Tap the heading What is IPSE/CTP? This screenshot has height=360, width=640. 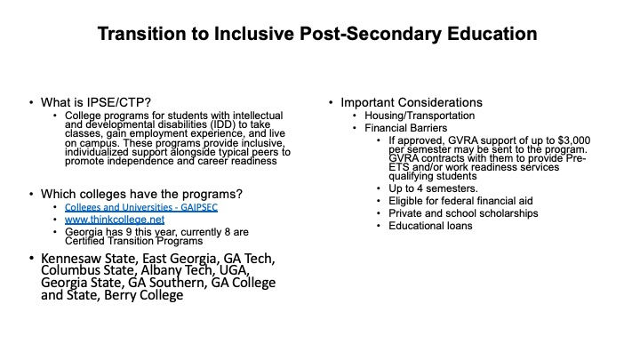click(x=96, y=102)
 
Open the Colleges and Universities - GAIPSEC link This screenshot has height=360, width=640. click(x=141, y=207)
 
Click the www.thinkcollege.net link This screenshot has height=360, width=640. click(x=115, y=220)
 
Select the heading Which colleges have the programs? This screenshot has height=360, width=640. click(x=141, y=194)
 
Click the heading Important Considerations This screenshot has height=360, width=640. click(x=412, y=102)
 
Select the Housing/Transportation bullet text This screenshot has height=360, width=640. click(x=420, y=116)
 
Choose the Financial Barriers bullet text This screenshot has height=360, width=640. click(x=405, y=128)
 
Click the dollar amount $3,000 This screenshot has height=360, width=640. click(x=574, y=140)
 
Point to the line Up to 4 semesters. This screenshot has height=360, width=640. click(x=433, y=188)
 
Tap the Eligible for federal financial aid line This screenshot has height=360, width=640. click(x=460, y=201)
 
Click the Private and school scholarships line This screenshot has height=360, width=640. click(x=463, y=213)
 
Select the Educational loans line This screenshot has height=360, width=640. click(x=430, y=226)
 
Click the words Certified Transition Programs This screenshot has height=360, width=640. click(x=134, y=241)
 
